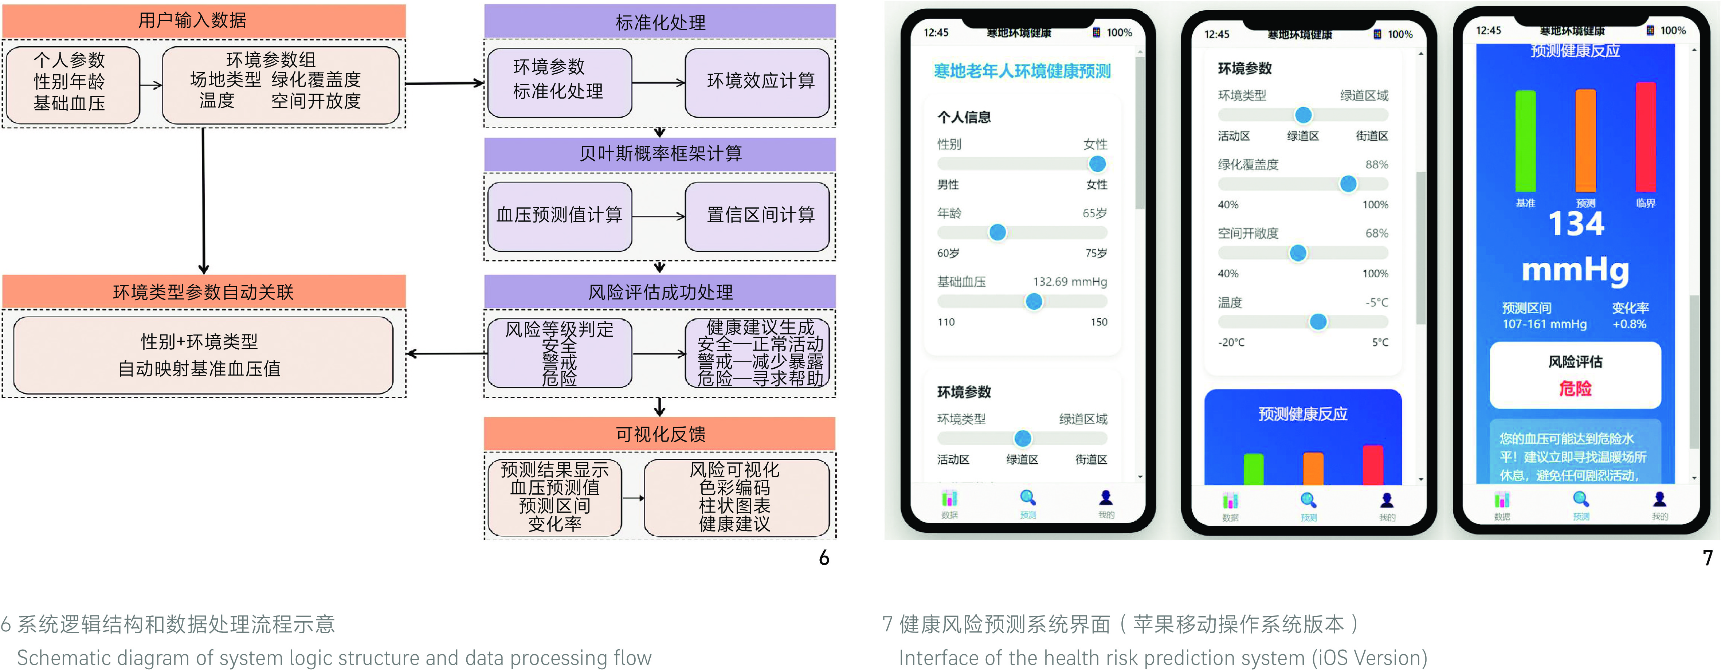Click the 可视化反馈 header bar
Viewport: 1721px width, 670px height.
659,434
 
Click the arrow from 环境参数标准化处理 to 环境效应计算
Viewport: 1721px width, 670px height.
658,83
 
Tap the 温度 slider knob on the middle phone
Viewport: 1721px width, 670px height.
1317,322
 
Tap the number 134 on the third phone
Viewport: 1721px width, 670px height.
1575,224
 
